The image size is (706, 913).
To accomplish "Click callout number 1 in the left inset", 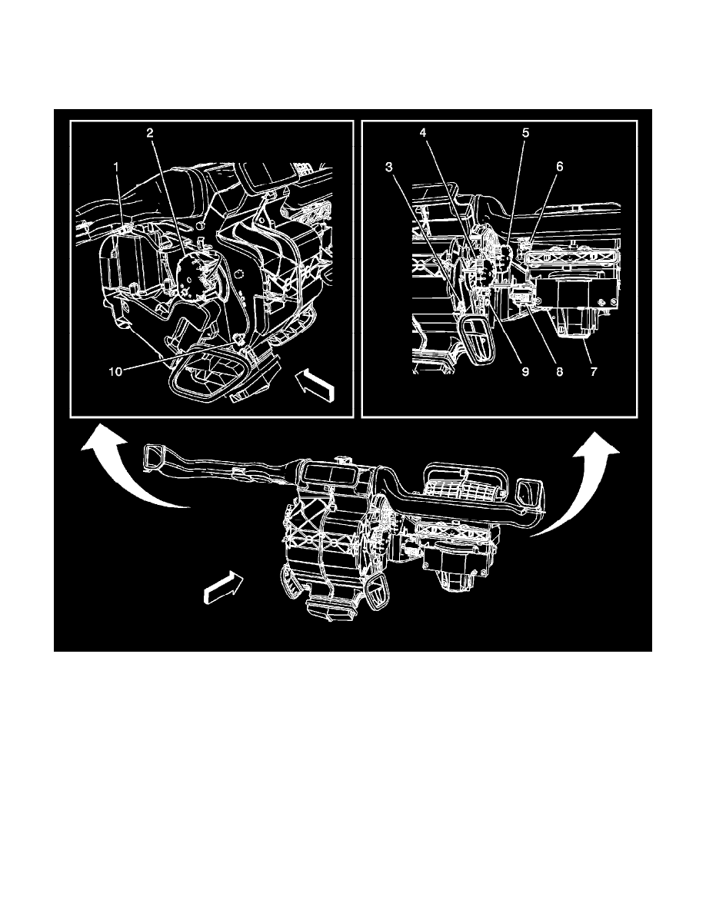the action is tap(116, 167).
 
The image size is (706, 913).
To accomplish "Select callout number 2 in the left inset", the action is tap(150, 134).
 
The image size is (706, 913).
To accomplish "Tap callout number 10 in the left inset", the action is tap(116, 371).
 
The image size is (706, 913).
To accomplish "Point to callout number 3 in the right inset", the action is tap(388, 167).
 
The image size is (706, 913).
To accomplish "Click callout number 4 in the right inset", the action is tap(423, 134).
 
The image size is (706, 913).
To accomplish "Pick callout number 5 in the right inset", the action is tap(525, 134).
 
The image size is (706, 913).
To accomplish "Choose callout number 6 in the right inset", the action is tap(559, 167).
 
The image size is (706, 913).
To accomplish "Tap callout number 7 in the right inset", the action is tap(594, 371).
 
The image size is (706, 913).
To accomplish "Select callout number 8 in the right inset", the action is tap(559, 371).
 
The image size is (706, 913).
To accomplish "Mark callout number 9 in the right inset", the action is tap(525, 371).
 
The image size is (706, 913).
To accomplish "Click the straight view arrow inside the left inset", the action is tap(315, 384).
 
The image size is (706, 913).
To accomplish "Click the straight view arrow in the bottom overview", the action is tap(222, 585).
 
